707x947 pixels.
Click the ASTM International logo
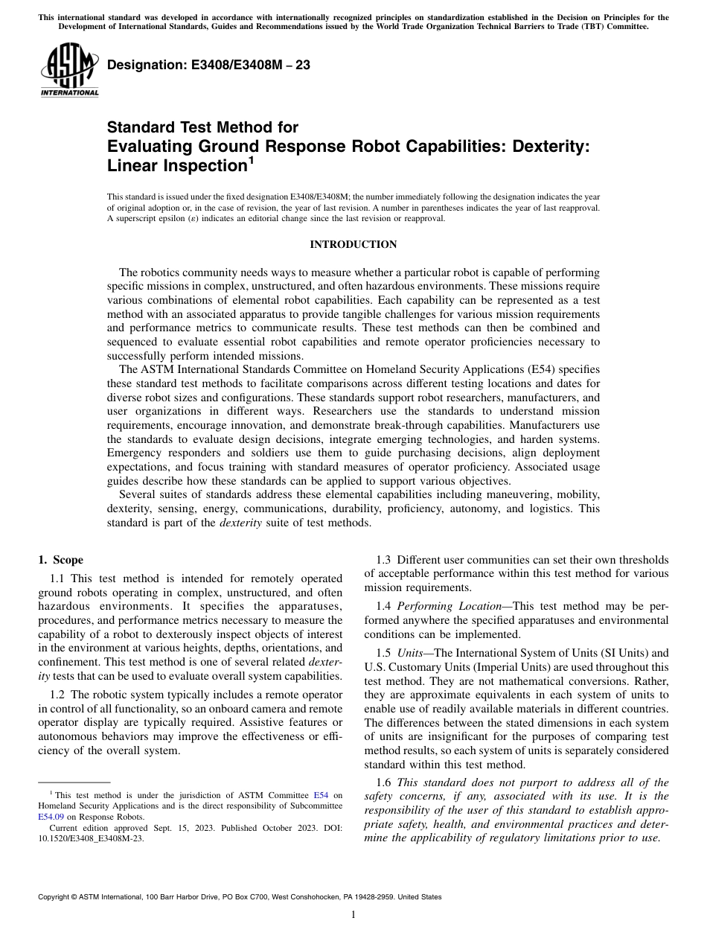(x=68, y=71)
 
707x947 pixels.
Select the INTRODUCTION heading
(x=353, y=245)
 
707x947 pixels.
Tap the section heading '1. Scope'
(x=61, y=560)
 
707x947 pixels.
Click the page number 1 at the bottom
(x=353, y=914)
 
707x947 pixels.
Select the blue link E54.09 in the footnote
(x=51, y=816)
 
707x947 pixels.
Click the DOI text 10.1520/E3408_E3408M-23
(x=92, y=838)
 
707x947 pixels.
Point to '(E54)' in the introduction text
(x=553, y=370)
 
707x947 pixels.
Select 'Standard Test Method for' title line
(x=203, y=127)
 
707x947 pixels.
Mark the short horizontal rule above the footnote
(x=74, y=782)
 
